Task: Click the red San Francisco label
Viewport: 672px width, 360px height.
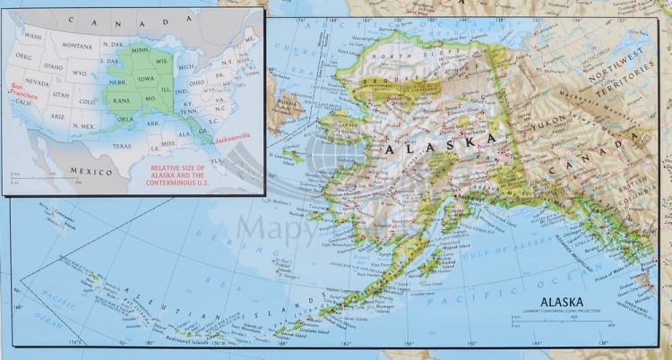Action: coord(19,90)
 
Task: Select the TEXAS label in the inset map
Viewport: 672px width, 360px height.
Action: coord(122,146)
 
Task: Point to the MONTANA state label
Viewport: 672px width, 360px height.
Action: coord(77,46)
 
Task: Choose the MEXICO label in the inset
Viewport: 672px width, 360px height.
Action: coord(90,170)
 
